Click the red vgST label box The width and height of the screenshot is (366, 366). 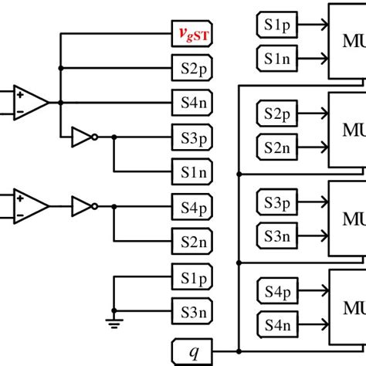tap(190, 35)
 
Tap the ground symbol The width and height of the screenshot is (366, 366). tap(114, 323)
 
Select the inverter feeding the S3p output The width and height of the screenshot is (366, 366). tap(83, 137)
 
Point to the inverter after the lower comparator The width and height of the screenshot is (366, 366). tap(83, 206)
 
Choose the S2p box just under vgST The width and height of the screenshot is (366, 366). tap(190, 69)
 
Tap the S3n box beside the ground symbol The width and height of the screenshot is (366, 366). tap(190, 313)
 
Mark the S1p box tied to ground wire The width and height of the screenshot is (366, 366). tap(190, 278)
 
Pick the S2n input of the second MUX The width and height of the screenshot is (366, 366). tap(275, 146)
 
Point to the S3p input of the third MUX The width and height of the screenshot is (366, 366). tap(275, 202)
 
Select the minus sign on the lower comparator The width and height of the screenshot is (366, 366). tap(19, 213)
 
